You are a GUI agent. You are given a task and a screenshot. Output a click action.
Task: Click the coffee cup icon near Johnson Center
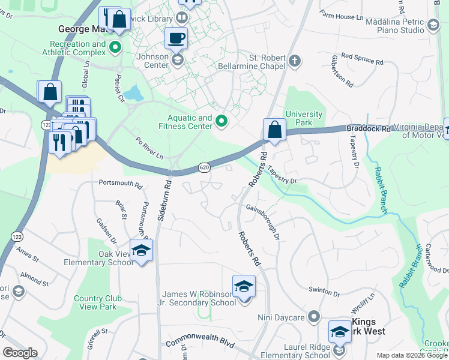click(x=176, y=38)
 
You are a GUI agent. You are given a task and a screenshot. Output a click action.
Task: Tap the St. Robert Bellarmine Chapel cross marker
click(x=294, y=61)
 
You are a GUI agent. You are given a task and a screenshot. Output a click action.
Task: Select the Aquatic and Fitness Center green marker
click(x=221, y=122)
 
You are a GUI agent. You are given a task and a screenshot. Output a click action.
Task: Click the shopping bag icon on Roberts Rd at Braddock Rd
click(x=274, y=130)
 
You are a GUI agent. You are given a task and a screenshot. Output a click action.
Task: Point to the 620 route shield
click(x=204, y=169)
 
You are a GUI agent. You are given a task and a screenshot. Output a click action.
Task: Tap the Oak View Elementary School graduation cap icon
click(x=141, y=251)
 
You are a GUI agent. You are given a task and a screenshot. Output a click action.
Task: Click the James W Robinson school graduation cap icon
click(x=244, y=286)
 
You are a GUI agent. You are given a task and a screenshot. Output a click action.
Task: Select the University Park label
click(x=304, y=118)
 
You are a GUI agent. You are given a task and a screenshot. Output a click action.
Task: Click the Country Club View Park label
click(x=98, y=302)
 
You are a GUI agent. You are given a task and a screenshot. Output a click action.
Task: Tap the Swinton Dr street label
click(x=324, y=292)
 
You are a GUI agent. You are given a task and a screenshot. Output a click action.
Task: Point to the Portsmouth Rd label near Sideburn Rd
click(x=120, y=185)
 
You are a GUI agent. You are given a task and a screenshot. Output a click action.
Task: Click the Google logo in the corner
click(x=20, y=353)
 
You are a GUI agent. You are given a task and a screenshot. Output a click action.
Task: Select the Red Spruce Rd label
click(x=362, y=59)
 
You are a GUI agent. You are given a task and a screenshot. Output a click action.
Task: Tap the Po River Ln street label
click(x=149, y=148)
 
